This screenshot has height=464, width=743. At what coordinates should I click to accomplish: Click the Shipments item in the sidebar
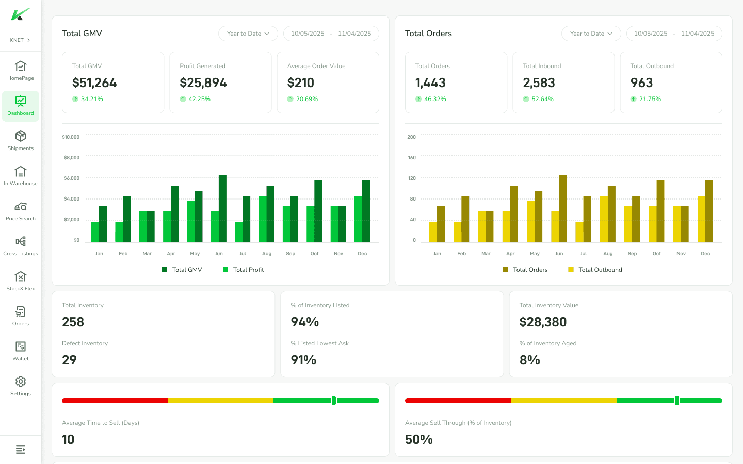click(21, 140)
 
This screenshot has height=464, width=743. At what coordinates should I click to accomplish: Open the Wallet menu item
click(21, 351)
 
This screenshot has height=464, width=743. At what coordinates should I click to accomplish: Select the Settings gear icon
click(21, 382)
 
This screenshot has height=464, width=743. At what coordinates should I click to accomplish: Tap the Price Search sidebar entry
click(21, 210)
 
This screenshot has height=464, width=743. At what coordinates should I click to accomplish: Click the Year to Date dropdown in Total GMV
click(248, 34)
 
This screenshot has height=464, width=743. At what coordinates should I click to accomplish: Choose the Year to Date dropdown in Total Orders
click(591, 34)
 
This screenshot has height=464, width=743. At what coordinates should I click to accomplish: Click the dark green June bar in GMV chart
click(222, 209)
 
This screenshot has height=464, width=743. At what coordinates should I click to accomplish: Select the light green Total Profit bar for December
click(358, 219)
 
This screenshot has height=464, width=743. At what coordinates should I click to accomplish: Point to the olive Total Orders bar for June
click(563, 209)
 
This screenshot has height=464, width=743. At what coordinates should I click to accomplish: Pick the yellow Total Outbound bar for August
click(604, 219)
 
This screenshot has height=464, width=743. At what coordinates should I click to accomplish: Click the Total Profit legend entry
click(244, 270)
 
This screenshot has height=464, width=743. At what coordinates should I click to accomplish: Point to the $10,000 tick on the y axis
click(71, 137)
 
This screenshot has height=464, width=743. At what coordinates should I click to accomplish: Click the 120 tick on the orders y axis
click(412, 178)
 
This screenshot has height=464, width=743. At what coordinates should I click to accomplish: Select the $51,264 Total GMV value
click(94, 83)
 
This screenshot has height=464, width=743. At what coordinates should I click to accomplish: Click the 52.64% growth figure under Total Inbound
click(542, 99)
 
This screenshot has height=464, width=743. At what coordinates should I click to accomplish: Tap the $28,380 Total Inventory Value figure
click(543, 322)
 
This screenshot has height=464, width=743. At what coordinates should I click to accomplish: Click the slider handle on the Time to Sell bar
click(334, 401)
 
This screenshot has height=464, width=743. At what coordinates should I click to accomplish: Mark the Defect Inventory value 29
click(69, 360)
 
